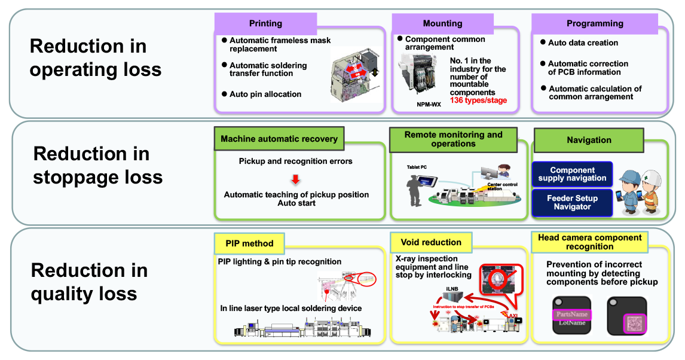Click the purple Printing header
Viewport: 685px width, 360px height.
(265, 23)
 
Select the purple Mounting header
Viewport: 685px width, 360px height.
(442, 23)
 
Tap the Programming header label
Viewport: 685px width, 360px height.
(595, 23)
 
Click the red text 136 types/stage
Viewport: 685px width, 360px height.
(478, 100)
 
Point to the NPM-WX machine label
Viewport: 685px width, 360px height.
(429, 104)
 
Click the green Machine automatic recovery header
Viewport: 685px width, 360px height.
(279, 139)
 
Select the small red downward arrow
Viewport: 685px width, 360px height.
(295, 179)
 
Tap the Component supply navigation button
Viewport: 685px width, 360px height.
(572, 174)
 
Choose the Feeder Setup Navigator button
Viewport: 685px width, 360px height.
(572, 203)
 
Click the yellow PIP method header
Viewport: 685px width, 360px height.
(250, 243)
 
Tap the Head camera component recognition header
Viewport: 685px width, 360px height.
(589, 242)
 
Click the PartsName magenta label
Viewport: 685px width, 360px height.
(571, 315)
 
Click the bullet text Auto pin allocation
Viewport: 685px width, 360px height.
(265, 94)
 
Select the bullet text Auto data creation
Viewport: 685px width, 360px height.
(583, 43)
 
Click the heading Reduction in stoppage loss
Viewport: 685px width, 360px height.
(98, 166)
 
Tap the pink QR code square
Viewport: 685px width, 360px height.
(632, 324)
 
